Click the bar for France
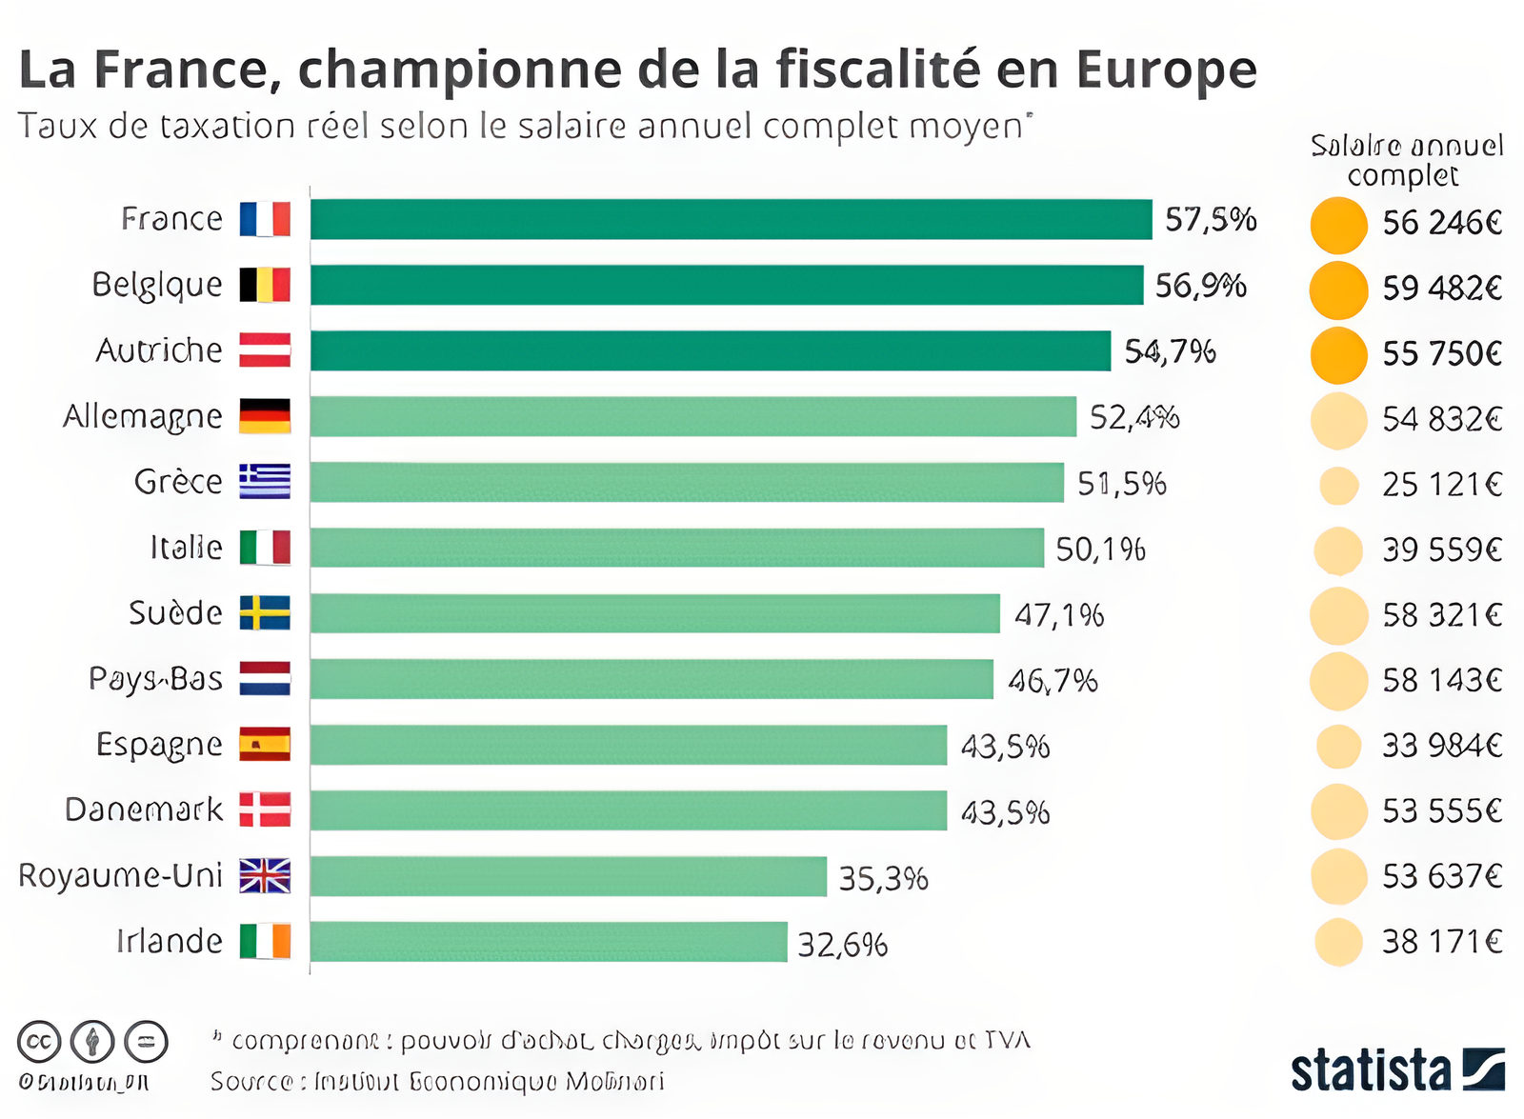click(731, 219)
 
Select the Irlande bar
click(549, 942)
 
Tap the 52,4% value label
click(1133, 417)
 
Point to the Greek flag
click(265, 482)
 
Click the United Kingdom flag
click(265, 875)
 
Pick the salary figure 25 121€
click(1441, 485)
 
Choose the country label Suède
click(175, 612)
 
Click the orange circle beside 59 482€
click(1338, 290)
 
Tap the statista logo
click(1396, 1069)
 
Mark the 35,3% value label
click(883, 878)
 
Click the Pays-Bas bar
click(652, 679)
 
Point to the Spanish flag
click(265, 744)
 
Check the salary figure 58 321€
click(1441, 615)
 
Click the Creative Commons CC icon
click(39, 1042)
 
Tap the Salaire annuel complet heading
click(1406, 160)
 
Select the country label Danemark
click(143, 809)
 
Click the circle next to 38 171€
click(1338, 942)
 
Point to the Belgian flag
click(265, 285)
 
